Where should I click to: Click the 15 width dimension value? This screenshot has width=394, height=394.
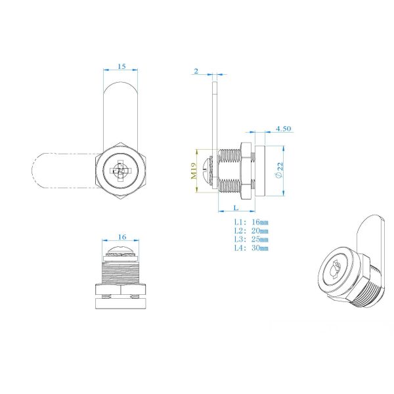pos(121,67)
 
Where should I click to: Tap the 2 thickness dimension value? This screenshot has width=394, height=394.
pos(196,70)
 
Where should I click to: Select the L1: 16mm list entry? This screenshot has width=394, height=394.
pos(251,223)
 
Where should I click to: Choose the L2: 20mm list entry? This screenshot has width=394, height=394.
pos(251,231)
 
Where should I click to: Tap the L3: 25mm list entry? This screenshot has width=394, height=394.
pos(251,239)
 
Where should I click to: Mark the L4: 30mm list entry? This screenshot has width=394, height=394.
pos(251,248)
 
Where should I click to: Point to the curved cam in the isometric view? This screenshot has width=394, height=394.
pos(370,236)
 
